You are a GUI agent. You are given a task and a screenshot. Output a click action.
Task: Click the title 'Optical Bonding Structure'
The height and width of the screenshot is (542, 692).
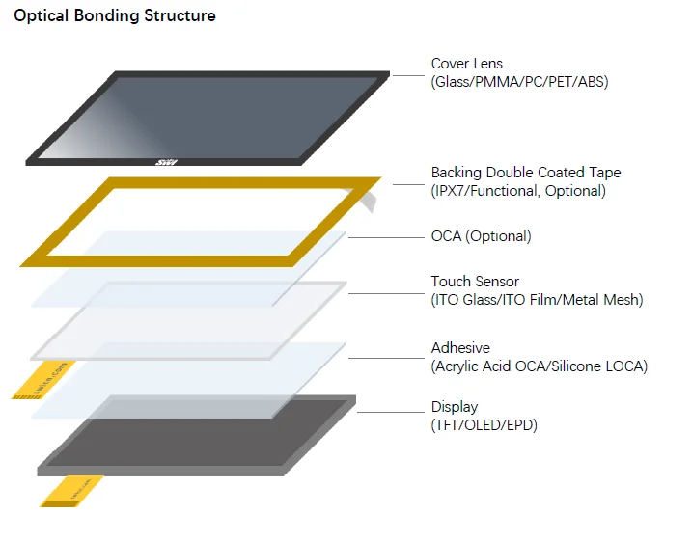[115, 16]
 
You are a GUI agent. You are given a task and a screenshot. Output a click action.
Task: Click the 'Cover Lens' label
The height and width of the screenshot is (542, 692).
[466, 65]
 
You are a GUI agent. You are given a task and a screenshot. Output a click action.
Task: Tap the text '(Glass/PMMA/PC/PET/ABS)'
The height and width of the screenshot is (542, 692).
[519, 83]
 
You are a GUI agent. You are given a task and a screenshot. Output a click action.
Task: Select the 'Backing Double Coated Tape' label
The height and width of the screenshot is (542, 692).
[526, 173]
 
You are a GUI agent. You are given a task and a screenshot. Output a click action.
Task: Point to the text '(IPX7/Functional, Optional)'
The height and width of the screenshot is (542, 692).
[518, 191]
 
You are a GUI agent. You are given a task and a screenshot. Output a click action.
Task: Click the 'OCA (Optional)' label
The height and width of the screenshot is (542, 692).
[481, 236]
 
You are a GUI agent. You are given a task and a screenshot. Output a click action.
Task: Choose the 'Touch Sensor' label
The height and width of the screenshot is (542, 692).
[476, 282]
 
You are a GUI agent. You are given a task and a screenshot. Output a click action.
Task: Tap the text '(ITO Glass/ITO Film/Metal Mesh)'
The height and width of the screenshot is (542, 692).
[537, 300]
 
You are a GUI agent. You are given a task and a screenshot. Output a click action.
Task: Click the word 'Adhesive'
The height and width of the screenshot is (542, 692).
[460, 347]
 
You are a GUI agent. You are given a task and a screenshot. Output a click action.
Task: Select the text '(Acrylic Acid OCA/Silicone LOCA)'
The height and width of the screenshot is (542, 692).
[539, 366]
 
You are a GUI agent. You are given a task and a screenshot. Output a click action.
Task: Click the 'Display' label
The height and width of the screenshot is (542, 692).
[454, 407]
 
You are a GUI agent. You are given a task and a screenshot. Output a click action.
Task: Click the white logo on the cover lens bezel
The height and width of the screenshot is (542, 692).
[162, 163]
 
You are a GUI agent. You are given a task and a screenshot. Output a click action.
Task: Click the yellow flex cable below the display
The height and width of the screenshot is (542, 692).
[71, 490]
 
